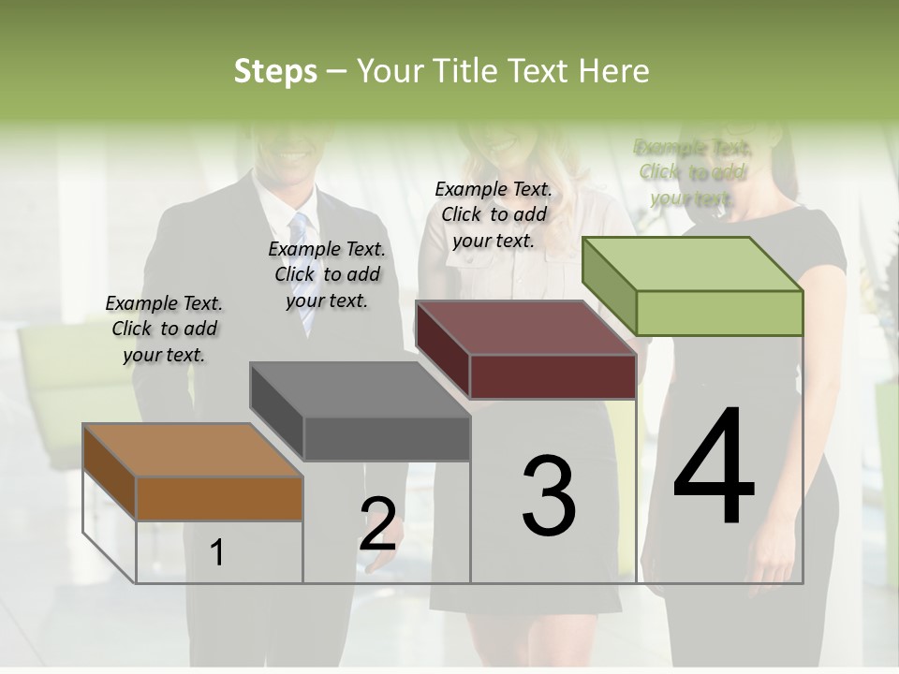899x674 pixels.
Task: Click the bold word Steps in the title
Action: [x=275, y=71]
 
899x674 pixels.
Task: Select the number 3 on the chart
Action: [x=549, y=495]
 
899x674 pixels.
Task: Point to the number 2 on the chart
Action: [x=377, y=523]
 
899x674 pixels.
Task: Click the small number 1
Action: [x=217, y=552]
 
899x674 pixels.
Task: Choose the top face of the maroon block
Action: [x=525, y=329]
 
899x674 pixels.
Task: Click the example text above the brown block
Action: [x=164, y=329]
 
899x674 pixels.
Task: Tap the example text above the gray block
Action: [x=327, y=274]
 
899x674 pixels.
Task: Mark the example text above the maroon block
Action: [x=494, y=214]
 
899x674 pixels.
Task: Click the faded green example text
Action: [x=692, y=172]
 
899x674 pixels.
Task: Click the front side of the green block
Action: [x=719, y=313]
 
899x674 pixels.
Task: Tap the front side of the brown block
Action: [x=219, y=498]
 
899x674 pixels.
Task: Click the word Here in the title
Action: [x=614, y=71]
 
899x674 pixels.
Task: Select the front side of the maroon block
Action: [x=553, y=377]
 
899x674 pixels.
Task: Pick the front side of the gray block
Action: [x=387, y=438]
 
